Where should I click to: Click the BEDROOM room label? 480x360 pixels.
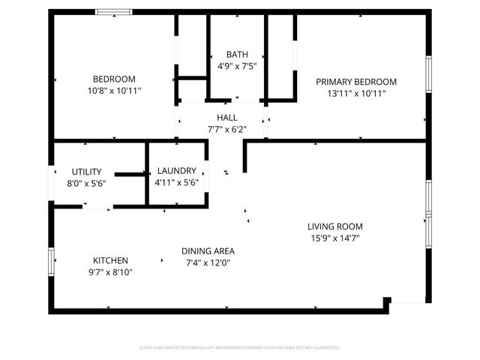tap(114, 79)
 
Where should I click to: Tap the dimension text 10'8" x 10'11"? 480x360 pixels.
tap(114, 91)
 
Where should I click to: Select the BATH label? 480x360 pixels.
tap(237, 55)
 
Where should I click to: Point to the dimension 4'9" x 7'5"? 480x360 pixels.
tap(237, 66)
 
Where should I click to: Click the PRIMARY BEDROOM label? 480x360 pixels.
tap(356, 82)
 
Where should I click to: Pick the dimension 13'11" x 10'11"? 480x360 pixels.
tap(356, 93)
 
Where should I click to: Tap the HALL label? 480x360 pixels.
tap(226, 118)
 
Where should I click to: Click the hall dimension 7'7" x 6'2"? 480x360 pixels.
tap(226, 129)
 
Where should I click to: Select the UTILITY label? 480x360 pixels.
tap(87, 172)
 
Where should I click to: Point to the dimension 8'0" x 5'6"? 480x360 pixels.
tap(87, 183)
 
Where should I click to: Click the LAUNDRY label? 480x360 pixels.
tap(175, 171)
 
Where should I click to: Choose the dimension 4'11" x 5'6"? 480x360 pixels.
tap(175, 182)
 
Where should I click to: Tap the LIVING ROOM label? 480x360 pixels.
tap(335, 226)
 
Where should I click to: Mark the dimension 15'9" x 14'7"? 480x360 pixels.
tap(335, 238)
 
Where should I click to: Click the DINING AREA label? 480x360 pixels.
tap(208, 251)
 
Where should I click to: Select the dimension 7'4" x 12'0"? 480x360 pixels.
tap(208, 263)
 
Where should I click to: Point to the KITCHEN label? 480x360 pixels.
tap(110, 260)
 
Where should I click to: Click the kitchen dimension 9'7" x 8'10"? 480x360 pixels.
tap(110, 272)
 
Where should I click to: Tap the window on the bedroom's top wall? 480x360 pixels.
tap(114, 12)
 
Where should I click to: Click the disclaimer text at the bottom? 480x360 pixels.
tap(240, 348)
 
